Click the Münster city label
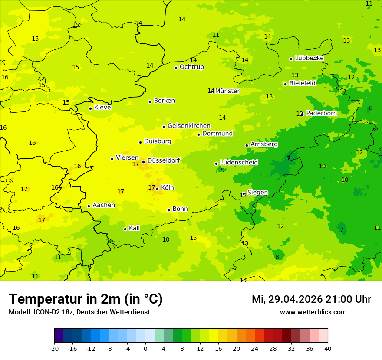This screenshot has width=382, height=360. (227, 91)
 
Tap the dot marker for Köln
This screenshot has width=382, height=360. (157, 189)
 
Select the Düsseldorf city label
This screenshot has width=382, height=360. (163, 160)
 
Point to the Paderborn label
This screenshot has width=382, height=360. (321, 113)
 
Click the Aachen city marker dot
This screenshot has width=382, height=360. (89, 206)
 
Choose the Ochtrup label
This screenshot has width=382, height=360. (191, 67)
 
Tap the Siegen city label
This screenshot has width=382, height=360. (257, 193)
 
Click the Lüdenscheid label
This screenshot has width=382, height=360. (239, 163)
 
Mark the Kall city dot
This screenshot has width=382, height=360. (125, 229)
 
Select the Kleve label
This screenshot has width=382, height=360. (102, 108)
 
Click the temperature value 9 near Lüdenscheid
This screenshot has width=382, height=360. (223, 170)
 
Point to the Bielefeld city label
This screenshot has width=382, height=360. (302, 83)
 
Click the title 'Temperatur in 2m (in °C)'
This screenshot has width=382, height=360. (86, 299)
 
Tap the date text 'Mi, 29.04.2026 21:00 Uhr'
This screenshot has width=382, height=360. (311, 299)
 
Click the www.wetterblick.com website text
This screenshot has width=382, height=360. (313, 312)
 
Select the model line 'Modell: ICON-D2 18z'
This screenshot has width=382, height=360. (79, 312)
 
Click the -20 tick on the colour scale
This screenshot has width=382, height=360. (54, 349)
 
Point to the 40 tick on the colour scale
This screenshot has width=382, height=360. (328, 349)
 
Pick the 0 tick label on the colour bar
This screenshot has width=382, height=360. (145, 349)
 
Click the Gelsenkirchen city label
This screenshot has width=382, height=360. (189, 126)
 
